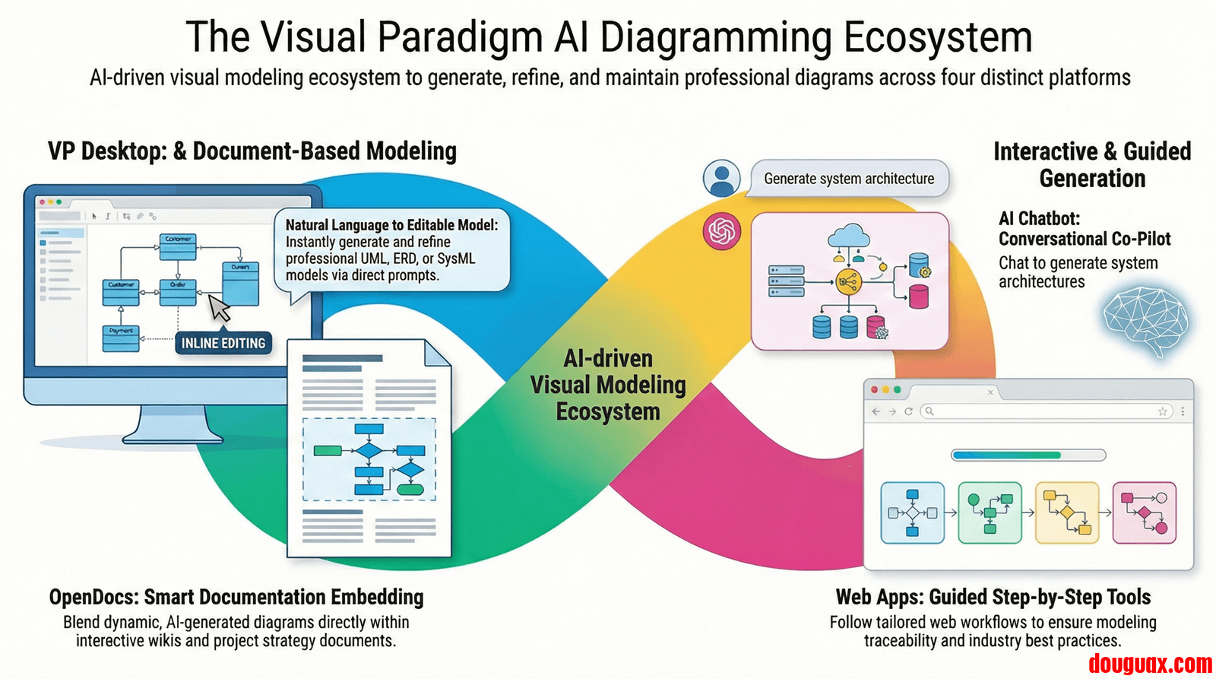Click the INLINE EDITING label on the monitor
click(223, 343)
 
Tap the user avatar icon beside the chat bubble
click(721, 179)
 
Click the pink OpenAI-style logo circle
click(721, 231)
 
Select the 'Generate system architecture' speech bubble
click(849, 179)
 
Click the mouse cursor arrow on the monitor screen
click(219, 308)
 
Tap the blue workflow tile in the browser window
click(912, 512)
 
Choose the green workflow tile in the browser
click(990, 512)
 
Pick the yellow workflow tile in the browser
click(1067, 512)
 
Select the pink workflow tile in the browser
click(1145, 512)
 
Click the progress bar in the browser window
click(1028, 455)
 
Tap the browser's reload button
click(907, 411)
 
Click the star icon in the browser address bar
click(1162, 411)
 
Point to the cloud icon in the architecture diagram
click(848, 236)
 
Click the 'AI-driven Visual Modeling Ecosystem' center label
click(608, 385)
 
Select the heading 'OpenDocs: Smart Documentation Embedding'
click(236, 597)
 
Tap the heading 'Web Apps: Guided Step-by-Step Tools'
click(993, 597)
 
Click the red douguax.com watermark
click(1150, 664)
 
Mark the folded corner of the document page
click(438, 353)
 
